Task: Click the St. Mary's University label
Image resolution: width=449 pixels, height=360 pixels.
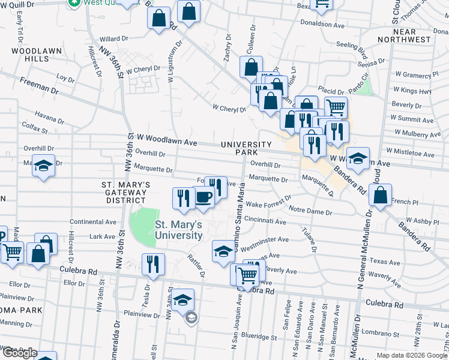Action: pos(179,230)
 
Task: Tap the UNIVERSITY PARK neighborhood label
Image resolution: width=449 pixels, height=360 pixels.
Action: pos(246,148)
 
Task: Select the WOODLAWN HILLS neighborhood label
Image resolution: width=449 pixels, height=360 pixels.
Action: pos(29,55)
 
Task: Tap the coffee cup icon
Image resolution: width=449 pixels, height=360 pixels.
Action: pos(203,198)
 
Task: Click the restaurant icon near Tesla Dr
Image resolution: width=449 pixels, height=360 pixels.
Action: pos(153,263)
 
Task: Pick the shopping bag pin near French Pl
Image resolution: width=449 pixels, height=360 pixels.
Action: pos(380,195)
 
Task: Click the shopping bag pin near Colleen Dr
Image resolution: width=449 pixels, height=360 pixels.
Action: pos(251,67)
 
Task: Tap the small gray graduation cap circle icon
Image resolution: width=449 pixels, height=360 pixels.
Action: pos(191,317)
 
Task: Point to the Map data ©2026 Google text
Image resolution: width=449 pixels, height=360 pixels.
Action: pos(412,355)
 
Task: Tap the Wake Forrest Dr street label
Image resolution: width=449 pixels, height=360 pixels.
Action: pos(268,201)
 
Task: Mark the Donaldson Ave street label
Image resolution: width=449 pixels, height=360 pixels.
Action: pos(324,25)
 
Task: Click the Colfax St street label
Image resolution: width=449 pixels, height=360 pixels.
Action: pos(34,127)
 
